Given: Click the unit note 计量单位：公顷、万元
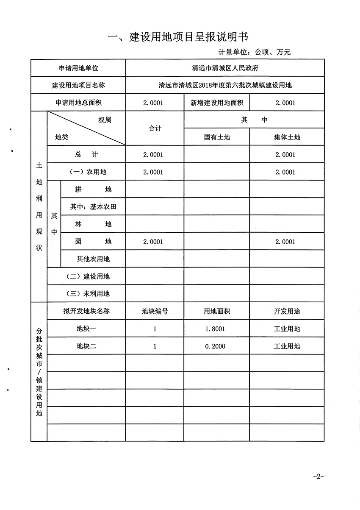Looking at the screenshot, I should (255, 52).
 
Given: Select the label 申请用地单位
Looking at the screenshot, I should (78, 68).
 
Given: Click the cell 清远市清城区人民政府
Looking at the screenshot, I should (225, 68).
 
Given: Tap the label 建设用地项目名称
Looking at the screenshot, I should (78, 85).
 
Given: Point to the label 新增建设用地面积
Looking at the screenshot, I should (216, 103).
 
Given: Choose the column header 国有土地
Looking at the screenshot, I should (217, 137).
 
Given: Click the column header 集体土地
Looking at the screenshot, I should (287, 137).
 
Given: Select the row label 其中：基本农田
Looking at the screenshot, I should (93, 207).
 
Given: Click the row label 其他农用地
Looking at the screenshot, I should (93, 259).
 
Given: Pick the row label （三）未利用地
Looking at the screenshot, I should (86, 294).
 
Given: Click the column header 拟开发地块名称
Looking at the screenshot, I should (86, 311).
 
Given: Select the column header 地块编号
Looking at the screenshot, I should (155, 311).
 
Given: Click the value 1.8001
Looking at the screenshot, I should (215, 329).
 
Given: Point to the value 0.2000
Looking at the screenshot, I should (215, 346).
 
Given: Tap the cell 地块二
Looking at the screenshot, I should (86, 346).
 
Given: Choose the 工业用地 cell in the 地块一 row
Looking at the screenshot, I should (287, 329).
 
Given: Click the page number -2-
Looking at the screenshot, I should (318, 477).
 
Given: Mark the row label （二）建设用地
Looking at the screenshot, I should (86, 276).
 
